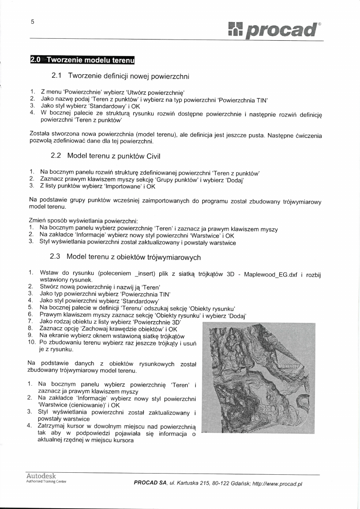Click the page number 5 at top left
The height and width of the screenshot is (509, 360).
(x=32, y=22)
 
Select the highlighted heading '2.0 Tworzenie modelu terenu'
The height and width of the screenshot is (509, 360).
(x=82, y=60)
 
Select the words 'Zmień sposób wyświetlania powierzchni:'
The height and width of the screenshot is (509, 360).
(x=84, y=222)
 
